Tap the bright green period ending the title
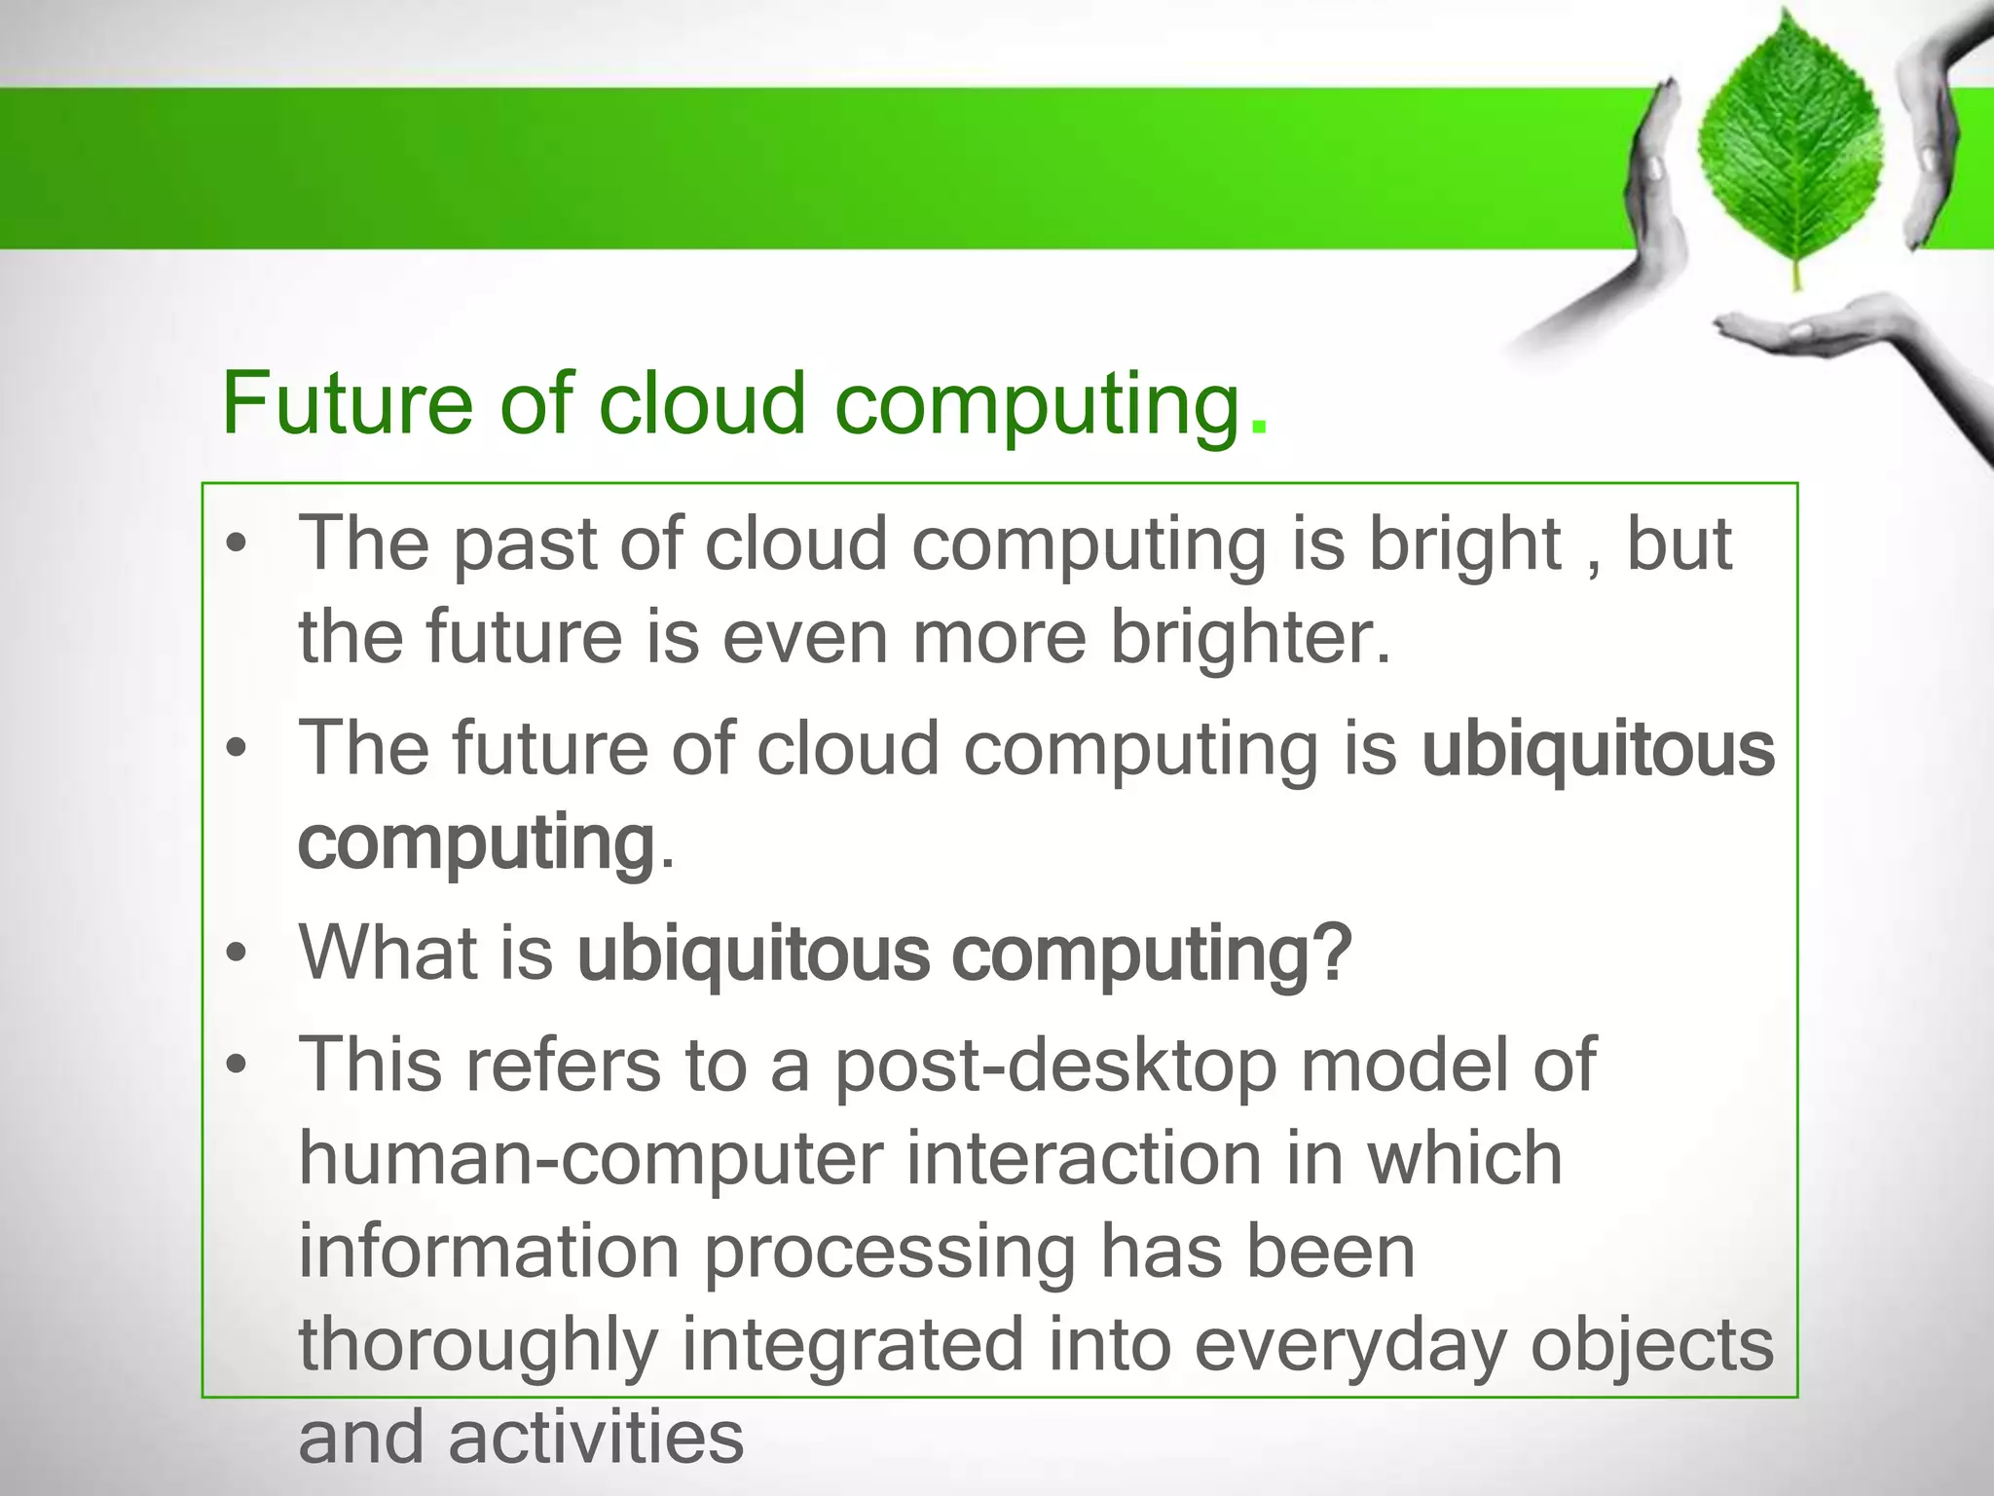tap(1259, 427)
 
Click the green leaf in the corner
tap(1794, 146)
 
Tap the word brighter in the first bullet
tap(1250, 637)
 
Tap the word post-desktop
tap(1055, 1066)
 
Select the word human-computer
tap(590, 1159)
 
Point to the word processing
tap(888, 1253)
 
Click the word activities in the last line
tap(596, 1438)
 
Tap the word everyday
tap(1349, 1346)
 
